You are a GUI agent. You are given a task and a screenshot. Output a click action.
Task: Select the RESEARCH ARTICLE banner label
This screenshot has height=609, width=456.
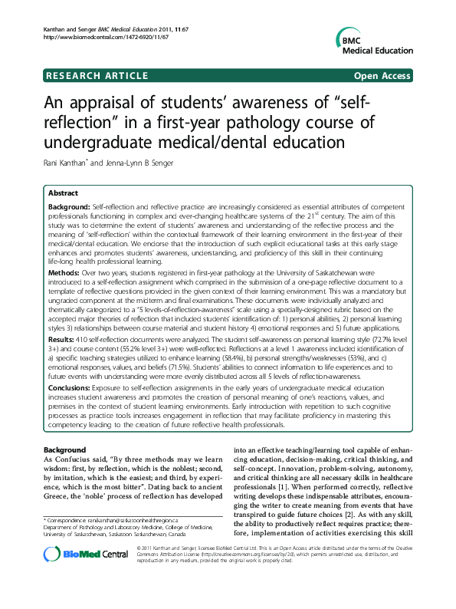[97, 76]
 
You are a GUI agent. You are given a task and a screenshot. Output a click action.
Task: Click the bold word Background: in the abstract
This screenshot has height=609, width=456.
[69, 209]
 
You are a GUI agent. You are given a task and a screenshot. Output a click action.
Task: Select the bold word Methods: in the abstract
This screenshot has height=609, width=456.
[65, 272]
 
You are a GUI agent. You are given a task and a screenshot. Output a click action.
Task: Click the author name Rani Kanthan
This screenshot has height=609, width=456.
[67, 162]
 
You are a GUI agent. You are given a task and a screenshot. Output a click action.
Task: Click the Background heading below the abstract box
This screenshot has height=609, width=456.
[64, 448]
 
